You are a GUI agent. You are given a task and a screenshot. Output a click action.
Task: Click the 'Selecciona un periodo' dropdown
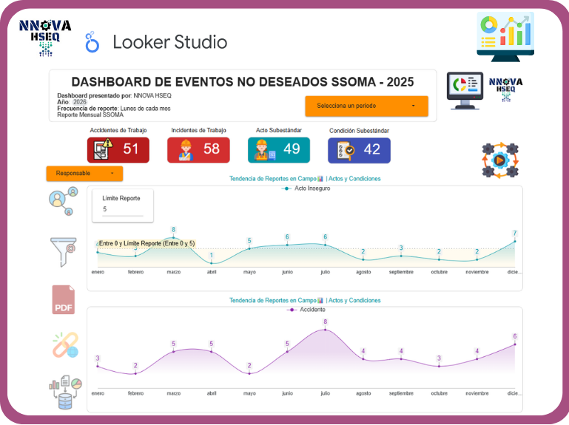pos(366,106)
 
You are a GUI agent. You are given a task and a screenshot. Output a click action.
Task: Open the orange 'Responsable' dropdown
pos(84,174)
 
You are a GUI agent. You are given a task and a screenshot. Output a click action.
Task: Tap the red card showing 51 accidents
pos(118,149)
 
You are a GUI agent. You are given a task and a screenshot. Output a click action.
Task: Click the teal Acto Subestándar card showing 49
pos(279,149)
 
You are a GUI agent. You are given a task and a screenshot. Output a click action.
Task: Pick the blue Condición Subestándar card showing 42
pos(359,149)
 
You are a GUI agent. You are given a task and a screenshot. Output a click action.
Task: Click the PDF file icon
pos(63,299)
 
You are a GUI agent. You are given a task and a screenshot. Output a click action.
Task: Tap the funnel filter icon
pos(61,251)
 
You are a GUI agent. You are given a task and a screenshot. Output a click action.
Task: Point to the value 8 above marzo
pos(173,230)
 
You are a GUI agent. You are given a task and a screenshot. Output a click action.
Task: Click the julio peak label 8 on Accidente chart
pos(325,322)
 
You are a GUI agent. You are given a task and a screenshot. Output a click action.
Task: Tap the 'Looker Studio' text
pos(169,42)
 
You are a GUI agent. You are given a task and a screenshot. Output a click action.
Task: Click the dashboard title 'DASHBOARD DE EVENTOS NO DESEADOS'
pos(242,82)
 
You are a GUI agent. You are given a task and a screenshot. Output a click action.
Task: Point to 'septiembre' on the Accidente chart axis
pos(401,393)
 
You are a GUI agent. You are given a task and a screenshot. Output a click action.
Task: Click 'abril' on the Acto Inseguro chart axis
pos(212,272)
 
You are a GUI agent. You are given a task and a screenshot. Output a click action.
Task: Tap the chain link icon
pos(64,345)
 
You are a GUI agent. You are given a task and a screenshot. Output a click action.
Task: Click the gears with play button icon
pos(500,160)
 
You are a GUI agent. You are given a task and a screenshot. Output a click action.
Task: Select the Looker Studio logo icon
pos(92,42)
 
